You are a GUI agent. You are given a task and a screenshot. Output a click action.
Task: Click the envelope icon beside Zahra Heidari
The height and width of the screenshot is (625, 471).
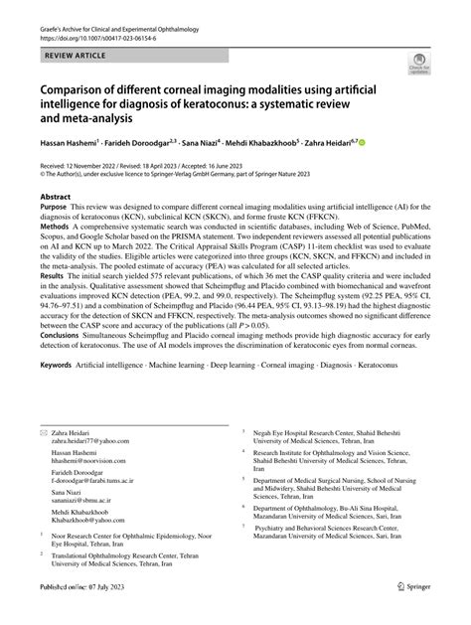coord(44,461)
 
